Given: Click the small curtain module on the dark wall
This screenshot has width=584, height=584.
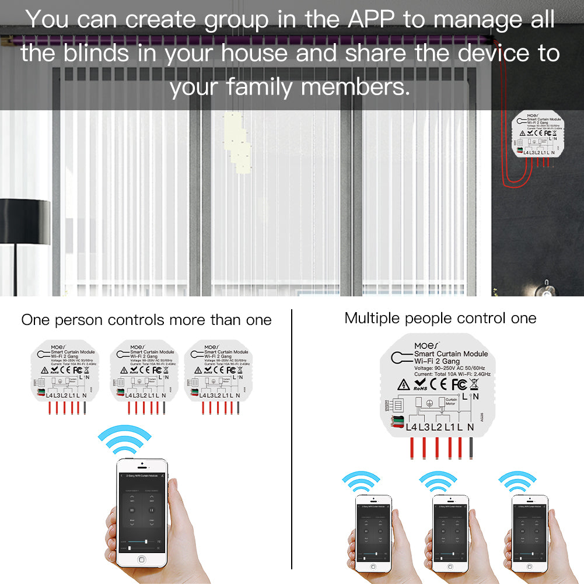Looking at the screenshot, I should (536, 135).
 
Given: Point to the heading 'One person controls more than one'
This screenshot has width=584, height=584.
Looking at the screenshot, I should (146, 320).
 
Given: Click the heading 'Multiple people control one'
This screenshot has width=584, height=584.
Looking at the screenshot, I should (440, 318).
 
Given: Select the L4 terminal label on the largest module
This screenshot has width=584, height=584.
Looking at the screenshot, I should (411, 427).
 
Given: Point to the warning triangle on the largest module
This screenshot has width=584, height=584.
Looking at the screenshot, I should (403, 384).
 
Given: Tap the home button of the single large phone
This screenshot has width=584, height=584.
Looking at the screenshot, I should (141, 559).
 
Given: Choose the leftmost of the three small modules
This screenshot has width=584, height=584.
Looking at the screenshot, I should (65, 373).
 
